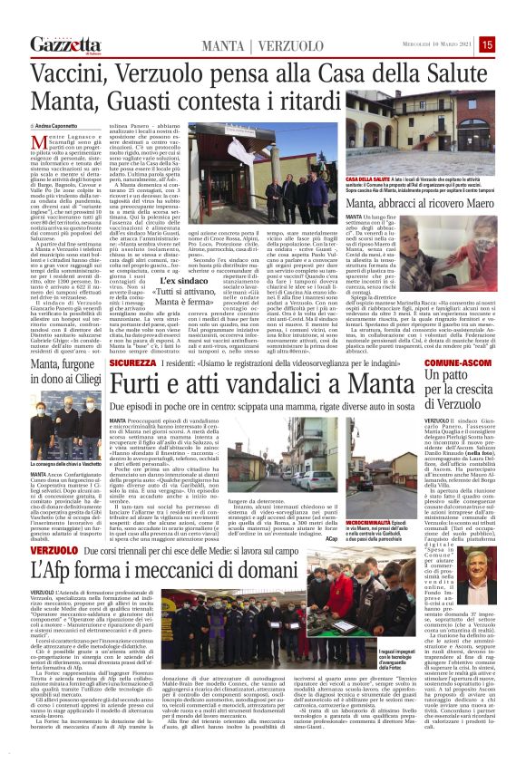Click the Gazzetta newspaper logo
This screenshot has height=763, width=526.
(61, 44)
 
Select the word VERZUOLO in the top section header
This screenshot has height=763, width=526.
(274, 44)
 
